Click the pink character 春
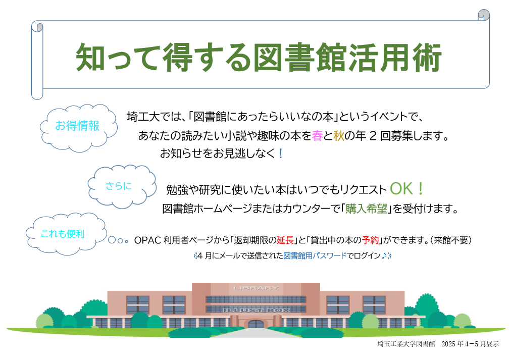click(x=317, y=136)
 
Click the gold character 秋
click(x=339, y=136)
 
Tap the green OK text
click(x=401, y=189)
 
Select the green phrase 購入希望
click(x=366, y=209)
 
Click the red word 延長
click(x=285, y=240)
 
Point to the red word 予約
click(x=371, y=240)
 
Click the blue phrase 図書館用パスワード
click(x=315, y=255)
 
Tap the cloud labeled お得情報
click(x=78, y=128)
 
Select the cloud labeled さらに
click(x=122, y=186)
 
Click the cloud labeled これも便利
click(x=66, y=233)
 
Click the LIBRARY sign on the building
click(x=256, y=288)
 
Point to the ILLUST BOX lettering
click(x=256, y=310)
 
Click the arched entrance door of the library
click(x=256, y=324)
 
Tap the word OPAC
click(x=147, y=240)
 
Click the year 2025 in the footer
click(x=448, y=344)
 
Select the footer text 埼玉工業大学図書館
click(x=406, y=344)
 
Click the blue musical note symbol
click(x=384, y=255)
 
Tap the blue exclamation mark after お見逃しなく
click(x=281, y=153)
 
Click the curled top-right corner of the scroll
click(x=484, y=15)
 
